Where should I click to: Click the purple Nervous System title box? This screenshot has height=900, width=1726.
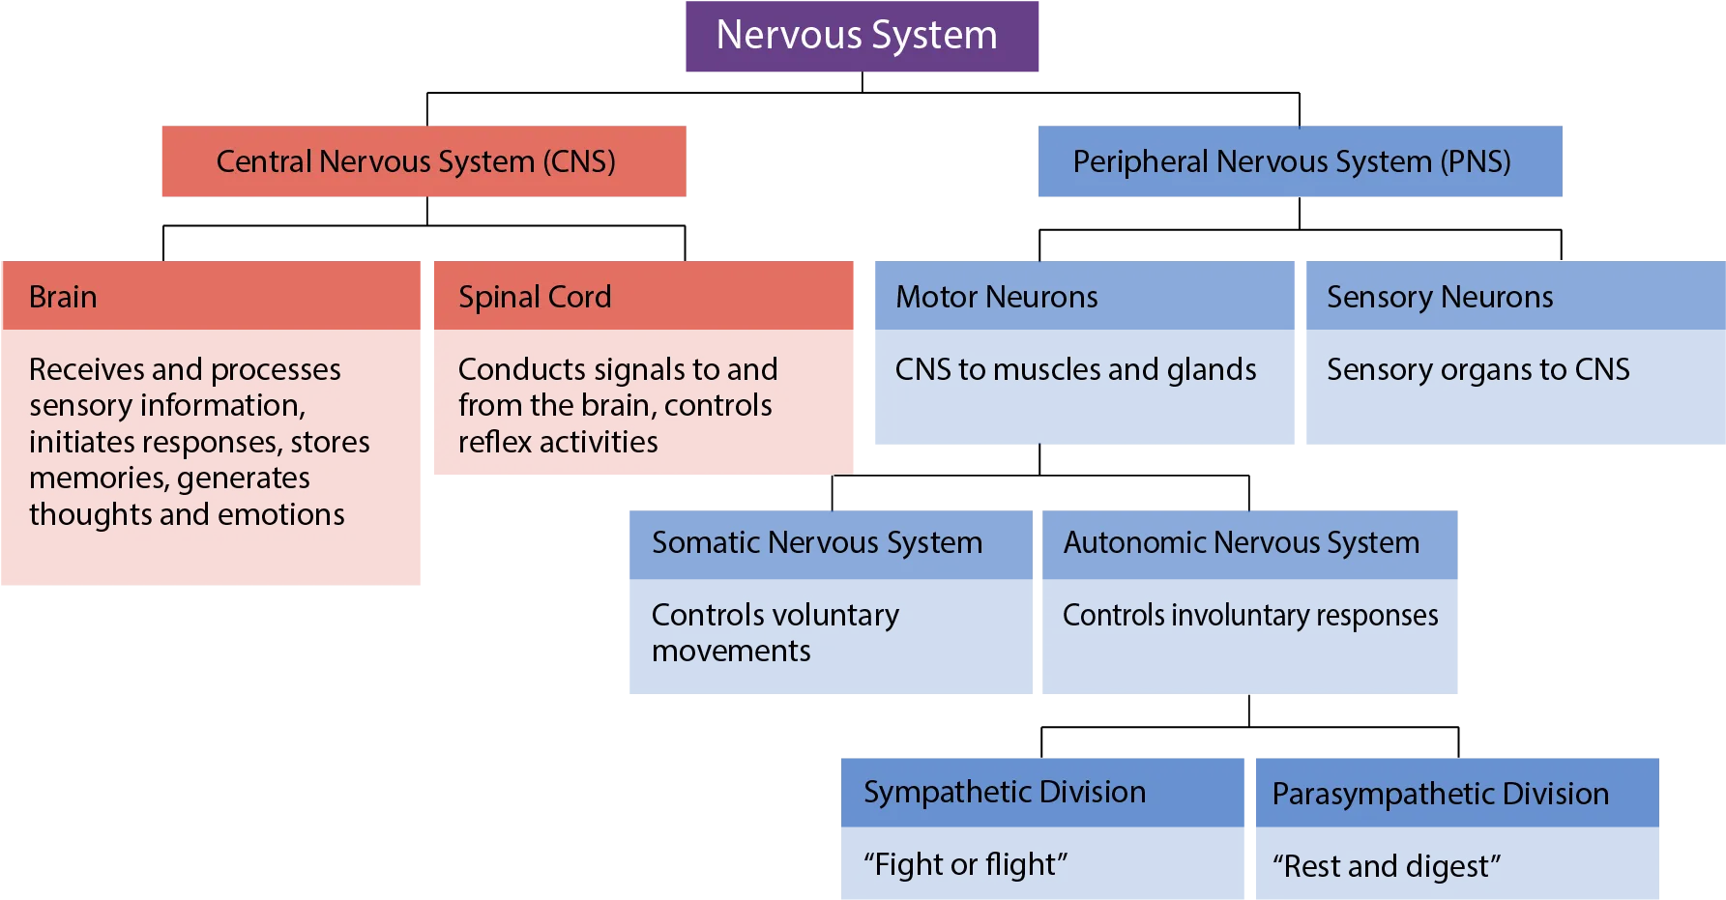click(862, 36)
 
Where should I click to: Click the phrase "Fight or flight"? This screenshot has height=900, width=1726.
click(966, 864)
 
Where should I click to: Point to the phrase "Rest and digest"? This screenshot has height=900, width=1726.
click(1387, 866)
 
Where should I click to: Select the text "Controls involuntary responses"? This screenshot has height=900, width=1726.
click(1250, 616)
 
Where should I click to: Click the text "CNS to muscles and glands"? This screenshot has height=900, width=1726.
click(1075, 369)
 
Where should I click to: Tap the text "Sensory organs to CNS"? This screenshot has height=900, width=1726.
click(1477, 369)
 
